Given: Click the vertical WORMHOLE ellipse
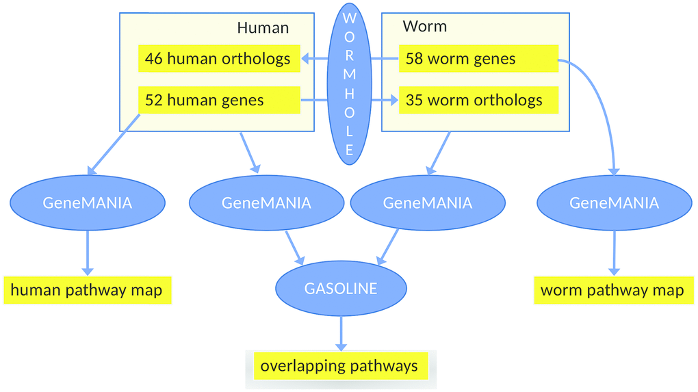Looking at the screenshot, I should coord(349,83).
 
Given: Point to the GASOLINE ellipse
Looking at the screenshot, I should coord(340,289).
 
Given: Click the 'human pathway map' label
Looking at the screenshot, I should coord(87,290).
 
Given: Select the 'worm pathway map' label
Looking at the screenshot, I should coord(612,290).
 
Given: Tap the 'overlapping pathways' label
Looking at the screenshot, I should coord(339,366).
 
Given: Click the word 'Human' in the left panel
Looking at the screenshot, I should coord(263,28).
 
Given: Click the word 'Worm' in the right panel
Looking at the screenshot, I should coord(424,27).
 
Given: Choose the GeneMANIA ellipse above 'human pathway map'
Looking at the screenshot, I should coord(87,202).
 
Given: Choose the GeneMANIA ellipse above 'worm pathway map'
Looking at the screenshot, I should coord(614,202).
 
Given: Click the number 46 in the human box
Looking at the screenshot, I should coord(154,59).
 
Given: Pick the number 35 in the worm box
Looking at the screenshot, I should coord(415,101).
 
